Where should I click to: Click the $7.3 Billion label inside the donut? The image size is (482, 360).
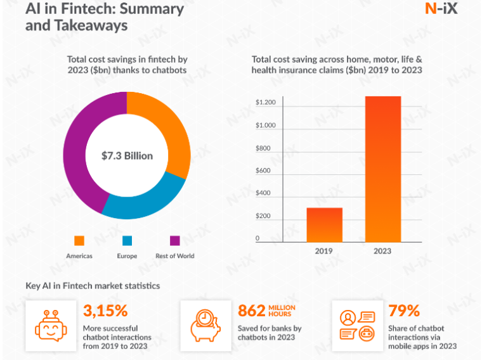tap(127, 155)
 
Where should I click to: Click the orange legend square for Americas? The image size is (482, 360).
tap(79, 240)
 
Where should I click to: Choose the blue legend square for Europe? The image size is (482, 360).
tap(127, 240)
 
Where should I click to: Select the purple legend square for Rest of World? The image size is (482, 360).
tap(175, 240)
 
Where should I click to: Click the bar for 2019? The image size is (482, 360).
tap(324, 224)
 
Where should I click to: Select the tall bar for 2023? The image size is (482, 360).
tap(382, 169)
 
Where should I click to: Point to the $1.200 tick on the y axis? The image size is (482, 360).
tap(265, 103)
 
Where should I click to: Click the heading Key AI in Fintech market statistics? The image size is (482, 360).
tap(93, 286)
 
